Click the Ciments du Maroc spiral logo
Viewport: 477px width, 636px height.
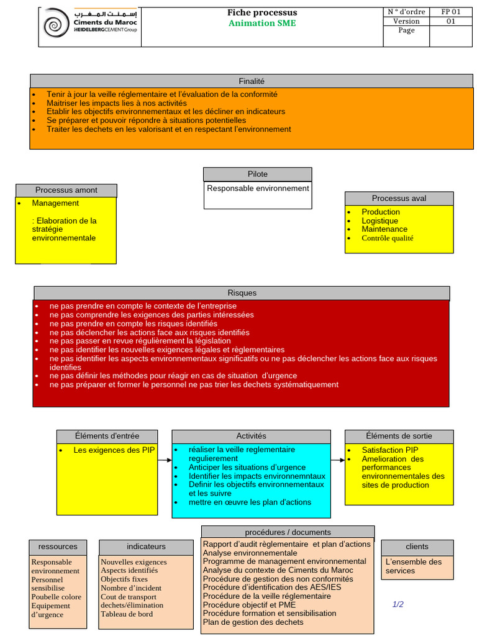click(x=57, y=25)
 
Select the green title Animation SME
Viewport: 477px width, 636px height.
click(x=261, y=23)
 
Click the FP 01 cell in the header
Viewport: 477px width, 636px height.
click(x=451, y=12)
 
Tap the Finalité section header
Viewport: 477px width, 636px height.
click(x=252, y=81)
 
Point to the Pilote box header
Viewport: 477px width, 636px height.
click(x=257, y=174)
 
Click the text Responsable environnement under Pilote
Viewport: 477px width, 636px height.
click(x=258, y=188)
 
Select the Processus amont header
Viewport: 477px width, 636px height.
click(x=66, y=190)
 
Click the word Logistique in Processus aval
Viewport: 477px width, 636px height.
click(x=379, y=220)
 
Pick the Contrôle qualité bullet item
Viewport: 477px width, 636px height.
click(x=387, y=238)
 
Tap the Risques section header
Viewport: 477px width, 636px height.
click(x=242, y=293)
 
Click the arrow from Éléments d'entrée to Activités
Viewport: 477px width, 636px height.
click(x=164, y=460)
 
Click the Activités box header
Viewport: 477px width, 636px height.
click(x=251, y=436)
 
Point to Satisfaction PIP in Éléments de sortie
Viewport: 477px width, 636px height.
click(x=389, y=450)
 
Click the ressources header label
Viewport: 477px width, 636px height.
click(x=58, y=547)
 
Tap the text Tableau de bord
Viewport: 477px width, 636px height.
click(x=127, y=614)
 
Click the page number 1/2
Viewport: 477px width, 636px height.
click(x=398, y=604)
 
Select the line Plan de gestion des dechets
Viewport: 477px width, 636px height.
click(x=253, y=622)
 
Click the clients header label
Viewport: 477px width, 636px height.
click(x=417, y=547)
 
